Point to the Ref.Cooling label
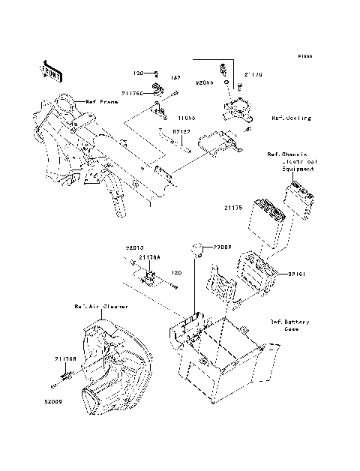point(291,118)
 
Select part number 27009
point(220,246)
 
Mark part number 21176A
point(148,256)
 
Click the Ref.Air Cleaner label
point(100,307)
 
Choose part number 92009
point(64,401)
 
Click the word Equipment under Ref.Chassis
point(297,169)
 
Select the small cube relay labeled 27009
point(196,247)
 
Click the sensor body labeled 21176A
point(150,277)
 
